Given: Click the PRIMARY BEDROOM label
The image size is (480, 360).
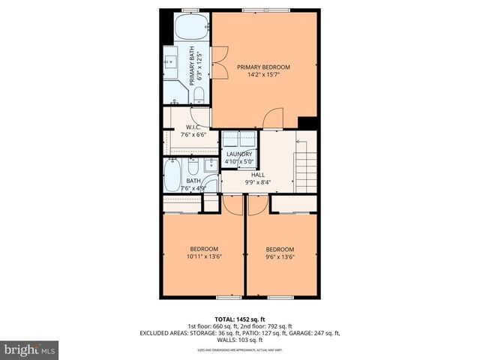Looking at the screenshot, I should pyautogui.click(x=263, y=67).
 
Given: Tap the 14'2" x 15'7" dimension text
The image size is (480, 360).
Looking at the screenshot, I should pyautogui.click(x=263, y=75).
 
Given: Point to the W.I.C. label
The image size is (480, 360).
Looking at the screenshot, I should pyautogui.click(x=192, y=127).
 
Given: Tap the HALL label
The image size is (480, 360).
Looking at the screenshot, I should pyautogui.click(x=258, y=174).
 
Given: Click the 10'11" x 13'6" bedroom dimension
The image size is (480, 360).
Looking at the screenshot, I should pyautogui.click(x=203, y=257).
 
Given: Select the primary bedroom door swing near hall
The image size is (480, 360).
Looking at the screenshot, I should pyautogui.click(x=274, y=118).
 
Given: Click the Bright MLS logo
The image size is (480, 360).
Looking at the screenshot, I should pyautogui.click(x=30, y=349).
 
